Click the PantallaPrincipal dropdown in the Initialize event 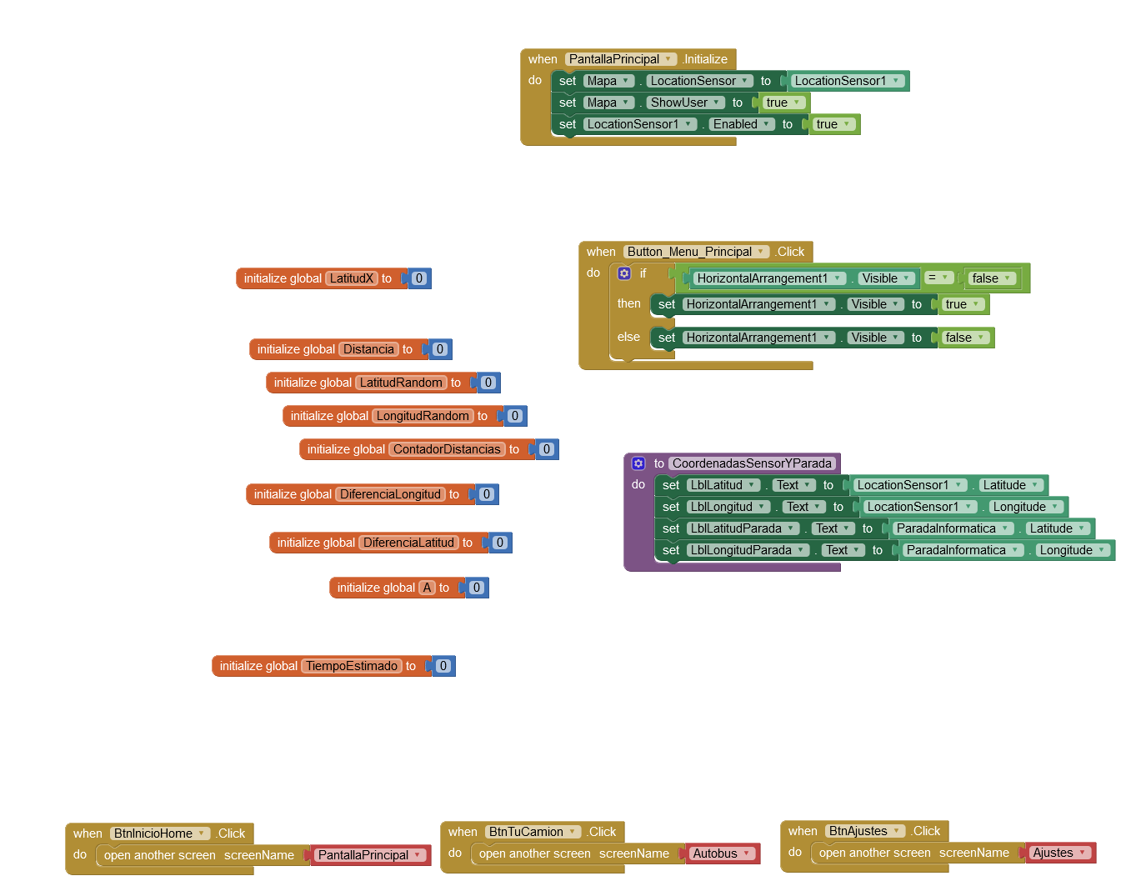pos(620,59)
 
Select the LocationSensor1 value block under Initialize pos(847,81)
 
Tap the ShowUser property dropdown pos(685,103)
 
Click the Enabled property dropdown pos(741,124)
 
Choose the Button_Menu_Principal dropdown pos(696,252)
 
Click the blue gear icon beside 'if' pos(624,273)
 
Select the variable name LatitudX pos(352,278)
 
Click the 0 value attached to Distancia pos(440,349)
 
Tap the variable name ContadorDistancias pos(447,449)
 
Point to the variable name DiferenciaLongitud pos(390,494)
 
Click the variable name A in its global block pos(428,588)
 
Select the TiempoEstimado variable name pos(352,666)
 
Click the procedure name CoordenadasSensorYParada pos(752,463)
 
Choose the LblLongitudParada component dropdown pos(748,550)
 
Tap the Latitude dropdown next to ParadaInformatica pos(1057,528)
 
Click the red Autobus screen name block pos(722,853)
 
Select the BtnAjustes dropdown pos(864,831)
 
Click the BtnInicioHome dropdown pos(159,833)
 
